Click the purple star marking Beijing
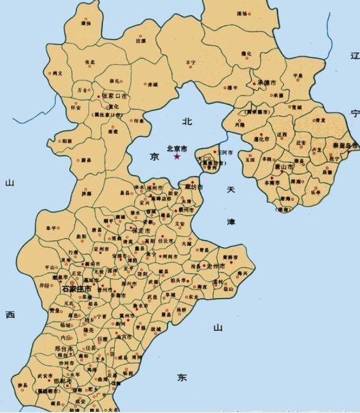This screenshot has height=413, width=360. (177, 156)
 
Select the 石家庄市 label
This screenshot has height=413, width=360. (77, 290)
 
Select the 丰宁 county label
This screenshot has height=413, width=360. (190, 62)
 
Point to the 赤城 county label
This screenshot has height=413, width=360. (152, 84)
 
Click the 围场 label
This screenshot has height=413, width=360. (242, 13)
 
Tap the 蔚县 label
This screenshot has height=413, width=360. (86, 160)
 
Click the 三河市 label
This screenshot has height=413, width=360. (225, 153)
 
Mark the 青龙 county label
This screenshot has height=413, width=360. (320, 119)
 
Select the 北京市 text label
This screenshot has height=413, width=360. (177, 149)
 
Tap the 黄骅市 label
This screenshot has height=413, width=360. (230, 258)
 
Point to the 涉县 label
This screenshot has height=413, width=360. (22, 386)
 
